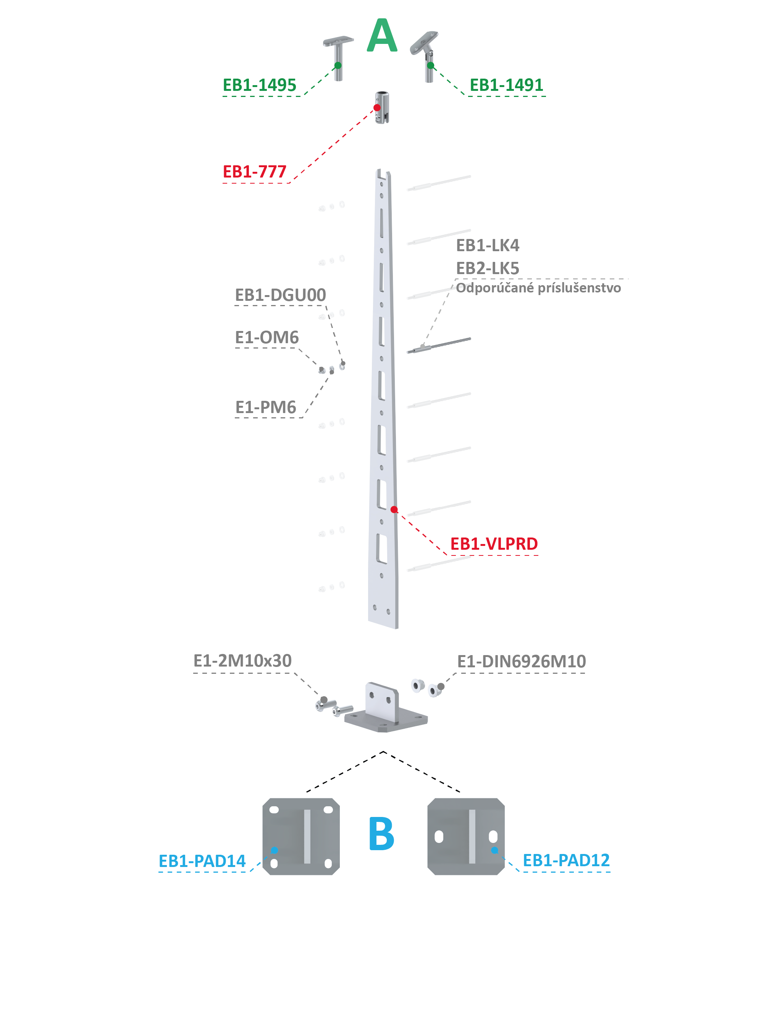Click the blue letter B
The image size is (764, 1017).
pos(381,833)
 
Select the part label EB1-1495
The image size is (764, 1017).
pos(259,85)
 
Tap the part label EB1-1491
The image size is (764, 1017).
pos(506,85)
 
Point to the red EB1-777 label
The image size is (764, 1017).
pos(254,171)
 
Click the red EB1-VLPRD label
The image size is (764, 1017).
pos(494,544)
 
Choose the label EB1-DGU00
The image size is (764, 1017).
pos(280,295)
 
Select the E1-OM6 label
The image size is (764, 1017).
pos(267,337)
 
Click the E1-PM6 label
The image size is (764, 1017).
pos(265,407)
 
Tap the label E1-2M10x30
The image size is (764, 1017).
pos(242,661)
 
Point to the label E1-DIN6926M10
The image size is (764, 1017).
pos(521,661)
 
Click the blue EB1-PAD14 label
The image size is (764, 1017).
pos(202,861)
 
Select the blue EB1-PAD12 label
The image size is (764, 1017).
pos(566,860)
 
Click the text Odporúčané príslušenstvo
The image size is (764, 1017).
pos(538,288)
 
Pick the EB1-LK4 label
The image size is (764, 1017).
pos(488,245)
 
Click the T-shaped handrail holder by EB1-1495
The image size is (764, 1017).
pos(338,58)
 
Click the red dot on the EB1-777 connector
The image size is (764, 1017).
pos(377,108)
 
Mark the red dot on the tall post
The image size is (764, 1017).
pos(394,509)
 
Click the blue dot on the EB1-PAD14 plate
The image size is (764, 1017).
pos(275,850)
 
